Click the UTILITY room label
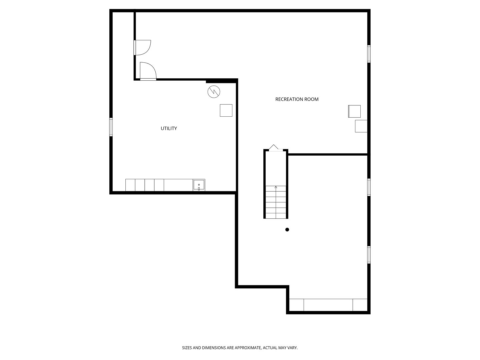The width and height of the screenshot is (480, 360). tap(169, 128)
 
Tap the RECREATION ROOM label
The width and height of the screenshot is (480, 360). tap(297, 99)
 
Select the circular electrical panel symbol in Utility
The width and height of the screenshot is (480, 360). tap(214, 92)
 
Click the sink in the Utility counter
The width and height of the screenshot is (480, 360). tap(199, 185)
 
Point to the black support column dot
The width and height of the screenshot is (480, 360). tap(287, 229)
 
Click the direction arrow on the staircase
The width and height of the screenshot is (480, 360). tap(276, 187)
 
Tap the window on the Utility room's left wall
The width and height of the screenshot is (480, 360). tap(111, 127)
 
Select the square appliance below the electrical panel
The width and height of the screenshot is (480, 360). tap(226, 110)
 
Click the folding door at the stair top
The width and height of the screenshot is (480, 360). tap(275, 148)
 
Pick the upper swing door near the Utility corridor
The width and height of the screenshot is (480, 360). tap(143, 47)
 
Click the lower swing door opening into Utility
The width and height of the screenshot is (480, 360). tap(148, 71)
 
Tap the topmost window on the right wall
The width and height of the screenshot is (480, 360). tap(369, 54)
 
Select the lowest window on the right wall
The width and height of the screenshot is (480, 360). tap(369, 255)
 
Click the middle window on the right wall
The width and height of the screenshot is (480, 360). tap(369, 187)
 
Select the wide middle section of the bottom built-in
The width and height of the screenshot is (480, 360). tap(328, 305)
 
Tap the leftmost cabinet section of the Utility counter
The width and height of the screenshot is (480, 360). tap(130, 185)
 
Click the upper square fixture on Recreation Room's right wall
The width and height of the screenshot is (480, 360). tap(354, 111)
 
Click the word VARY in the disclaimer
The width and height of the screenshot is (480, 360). tap(292, 348)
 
